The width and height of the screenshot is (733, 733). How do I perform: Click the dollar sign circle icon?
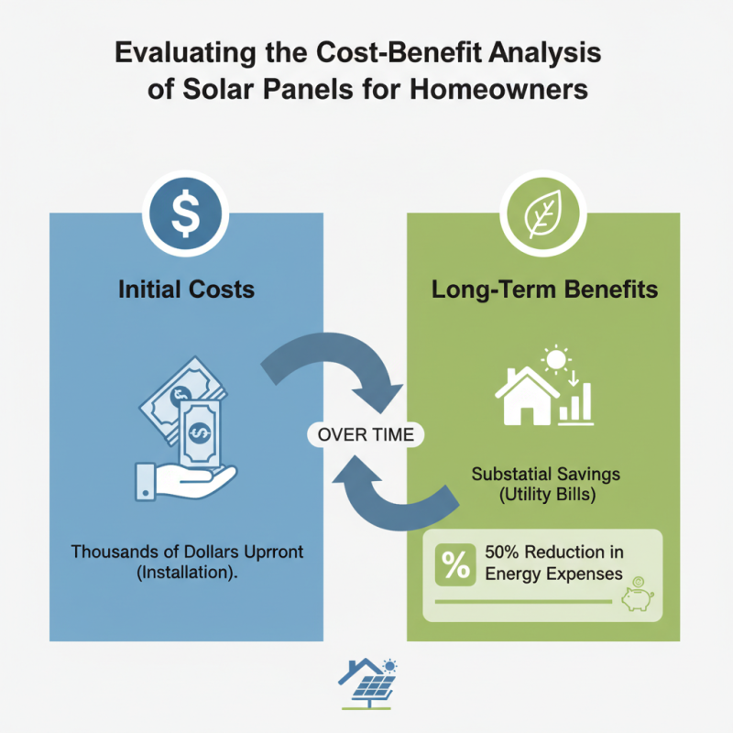186,213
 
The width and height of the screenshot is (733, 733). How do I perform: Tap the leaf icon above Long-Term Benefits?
542,213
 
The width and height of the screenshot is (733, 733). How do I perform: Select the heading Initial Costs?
186,290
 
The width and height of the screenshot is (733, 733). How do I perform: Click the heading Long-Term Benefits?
544,290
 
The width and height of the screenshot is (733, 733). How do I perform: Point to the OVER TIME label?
366,434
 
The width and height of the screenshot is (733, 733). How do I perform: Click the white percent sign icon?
455,564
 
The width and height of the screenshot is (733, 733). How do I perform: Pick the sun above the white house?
556,360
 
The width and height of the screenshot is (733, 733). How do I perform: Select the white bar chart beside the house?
576,404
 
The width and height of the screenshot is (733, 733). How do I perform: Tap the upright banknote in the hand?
200,433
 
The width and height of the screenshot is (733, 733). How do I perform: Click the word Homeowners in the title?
498,89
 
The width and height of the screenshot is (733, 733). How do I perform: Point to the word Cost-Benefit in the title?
399,52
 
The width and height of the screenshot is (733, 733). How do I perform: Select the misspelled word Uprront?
273,552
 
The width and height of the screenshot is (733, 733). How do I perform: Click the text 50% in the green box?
501,552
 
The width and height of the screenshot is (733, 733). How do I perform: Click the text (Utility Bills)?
547,495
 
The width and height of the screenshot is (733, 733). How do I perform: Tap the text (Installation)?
187,573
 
